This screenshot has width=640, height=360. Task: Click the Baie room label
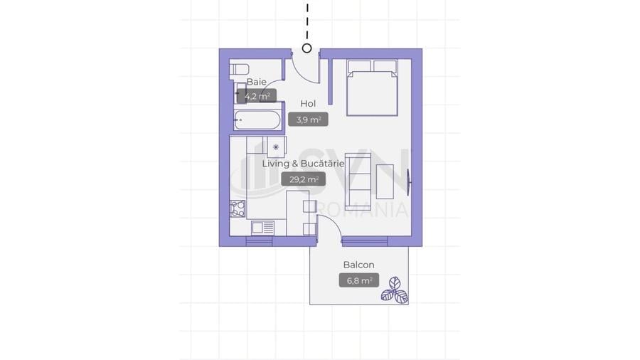[256, 82]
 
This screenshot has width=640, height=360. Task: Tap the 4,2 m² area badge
[257, 96]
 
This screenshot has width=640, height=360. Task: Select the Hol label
[308, 104]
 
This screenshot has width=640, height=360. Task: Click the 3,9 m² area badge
[308, 120]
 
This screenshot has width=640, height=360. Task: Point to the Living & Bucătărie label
[303, 164]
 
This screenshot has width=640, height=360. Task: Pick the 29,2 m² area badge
[303, 179]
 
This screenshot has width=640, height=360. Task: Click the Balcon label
[359, 265]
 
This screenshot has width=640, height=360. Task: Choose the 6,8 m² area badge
[359, 280]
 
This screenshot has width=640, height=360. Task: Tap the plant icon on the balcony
[395, 290]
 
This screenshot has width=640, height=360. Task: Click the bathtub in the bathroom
[257, 120]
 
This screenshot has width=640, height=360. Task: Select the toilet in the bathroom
[239, 69]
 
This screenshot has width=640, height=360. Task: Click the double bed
[372, 88]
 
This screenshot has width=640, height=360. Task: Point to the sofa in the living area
[358, 181]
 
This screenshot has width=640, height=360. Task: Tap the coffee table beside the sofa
[385, 181]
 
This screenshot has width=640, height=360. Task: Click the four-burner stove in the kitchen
[238, 208]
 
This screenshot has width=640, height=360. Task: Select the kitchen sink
[263, 228]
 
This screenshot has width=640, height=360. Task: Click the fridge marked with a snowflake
[276, 147]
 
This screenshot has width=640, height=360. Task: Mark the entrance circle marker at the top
[307, 48]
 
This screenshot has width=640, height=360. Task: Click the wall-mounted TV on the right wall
[410, 181]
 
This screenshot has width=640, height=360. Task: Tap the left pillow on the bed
[359, 67]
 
